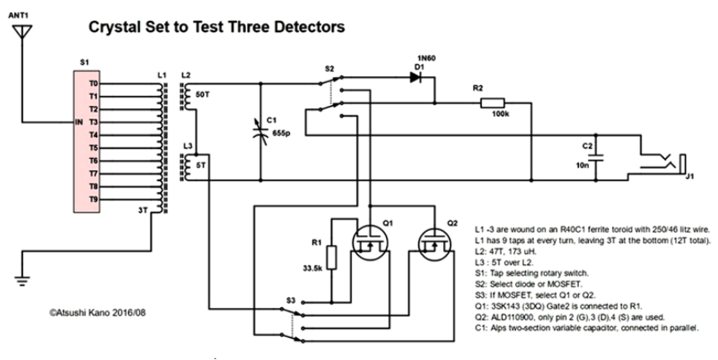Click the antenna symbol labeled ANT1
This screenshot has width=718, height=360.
(x=22, y=33)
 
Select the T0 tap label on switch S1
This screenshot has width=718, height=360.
(x=93, y=84)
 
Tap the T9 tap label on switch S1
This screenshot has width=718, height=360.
(x=93, y=199)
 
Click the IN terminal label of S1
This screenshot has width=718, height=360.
(x=79, y=122)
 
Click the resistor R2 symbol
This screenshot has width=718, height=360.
(x=499, y=103)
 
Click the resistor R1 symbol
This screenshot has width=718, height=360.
(x=332, y=257)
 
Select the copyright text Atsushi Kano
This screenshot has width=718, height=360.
(x=98, y=314)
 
